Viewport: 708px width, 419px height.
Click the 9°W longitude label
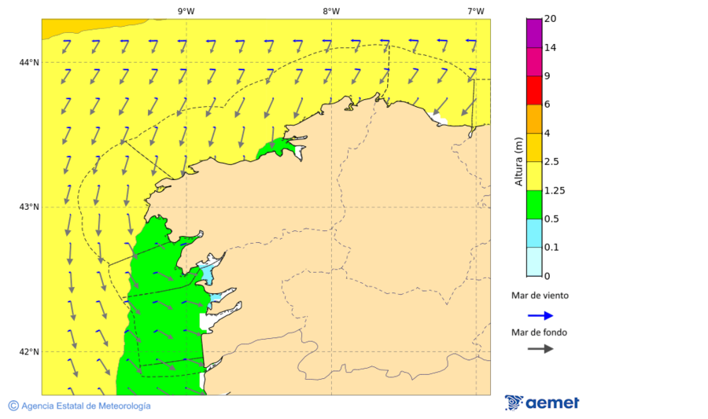coord(186,11)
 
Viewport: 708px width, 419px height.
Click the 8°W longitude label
coord(331,11)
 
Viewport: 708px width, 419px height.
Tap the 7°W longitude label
coord(475,11)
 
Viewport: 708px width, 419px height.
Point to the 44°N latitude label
coord(30,63)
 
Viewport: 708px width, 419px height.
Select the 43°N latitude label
coord(30,207)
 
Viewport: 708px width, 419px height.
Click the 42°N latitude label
coord(30,351)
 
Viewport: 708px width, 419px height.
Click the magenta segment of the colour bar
coord(534,33)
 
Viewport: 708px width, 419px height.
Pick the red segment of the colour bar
coord(534,90)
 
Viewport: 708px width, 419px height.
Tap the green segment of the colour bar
coord(534,204)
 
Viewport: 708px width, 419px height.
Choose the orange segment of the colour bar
coord(534,119)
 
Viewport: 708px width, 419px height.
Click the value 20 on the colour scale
coord(550,19)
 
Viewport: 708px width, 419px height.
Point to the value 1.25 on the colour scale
coord(556,190)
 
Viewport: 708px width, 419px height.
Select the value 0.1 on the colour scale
coord(552,248)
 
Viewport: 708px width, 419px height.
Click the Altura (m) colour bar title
coord(518,161)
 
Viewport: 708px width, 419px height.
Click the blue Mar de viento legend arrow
coord(540,315)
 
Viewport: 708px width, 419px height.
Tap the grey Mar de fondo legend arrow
coord(540,348)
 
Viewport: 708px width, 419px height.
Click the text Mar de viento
coord(540,296)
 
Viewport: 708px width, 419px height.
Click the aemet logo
coord(542,403)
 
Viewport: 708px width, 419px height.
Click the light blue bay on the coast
coord(206,274)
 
